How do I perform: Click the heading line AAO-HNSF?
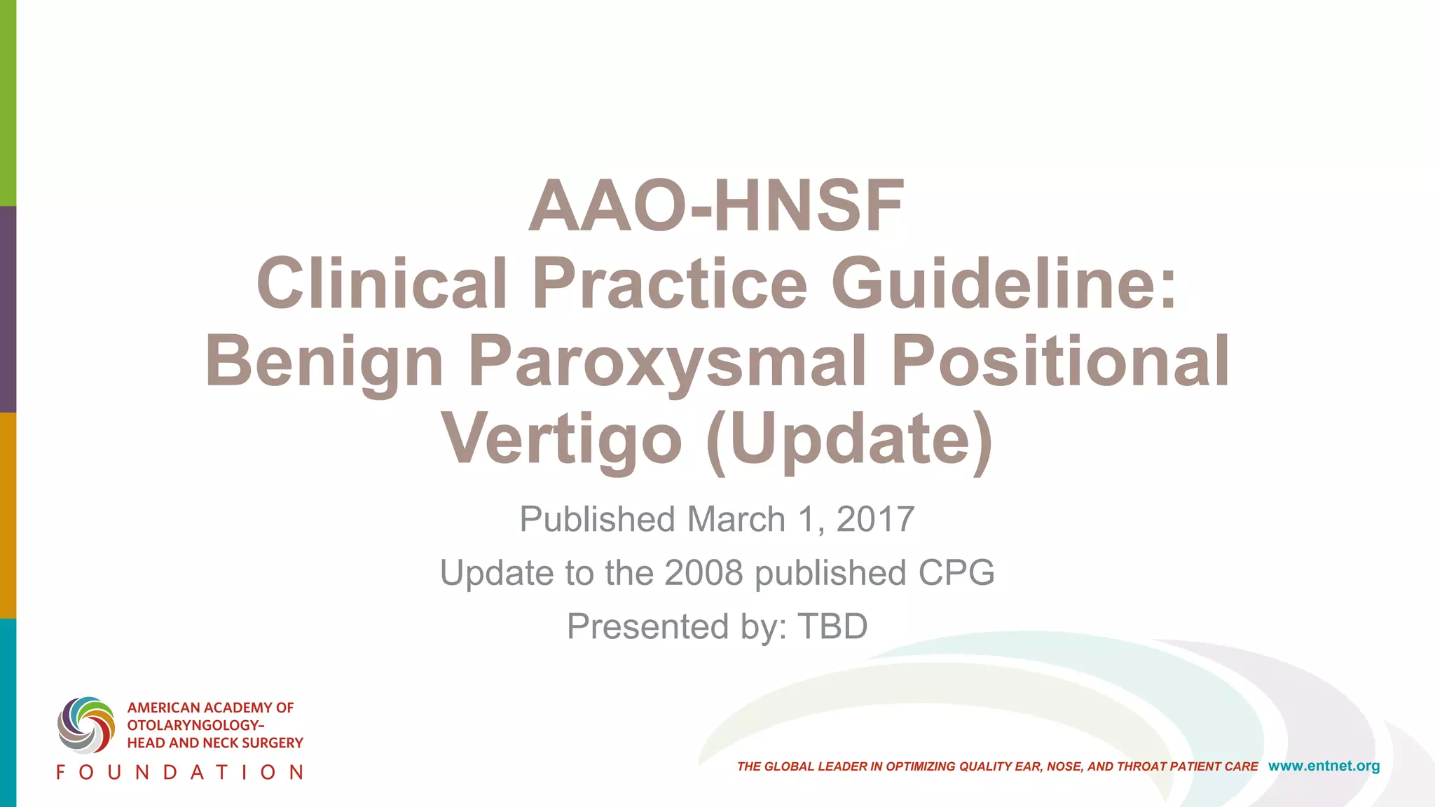(716, 206)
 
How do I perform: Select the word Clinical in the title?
(382, 283)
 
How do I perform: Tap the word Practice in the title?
(670, 283)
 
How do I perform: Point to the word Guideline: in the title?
(1005, 283)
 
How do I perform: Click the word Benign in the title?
(324, 361)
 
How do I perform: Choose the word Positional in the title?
(1060, 361)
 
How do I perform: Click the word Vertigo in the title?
(561, 440)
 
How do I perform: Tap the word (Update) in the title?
(849, 440)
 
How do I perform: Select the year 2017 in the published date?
(875, 520)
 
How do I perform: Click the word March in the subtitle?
(736, 520)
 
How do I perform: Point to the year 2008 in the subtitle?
(703, 573)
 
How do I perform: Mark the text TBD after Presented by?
(832, 626)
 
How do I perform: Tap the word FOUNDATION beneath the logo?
(180, 773)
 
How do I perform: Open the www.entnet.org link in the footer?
(1324, 766)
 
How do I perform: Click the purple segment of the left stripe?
(8, 309)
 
